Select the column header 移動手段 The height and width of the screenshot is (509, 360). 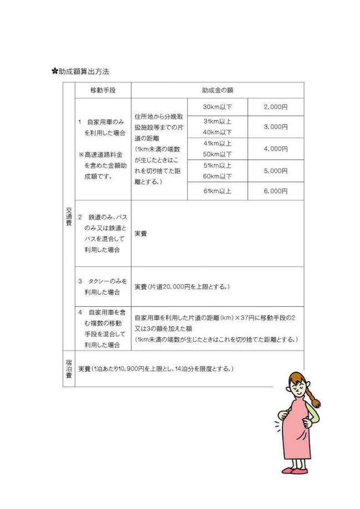[102, 90]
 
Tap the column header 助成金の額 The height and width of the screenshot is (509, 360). [217, 90]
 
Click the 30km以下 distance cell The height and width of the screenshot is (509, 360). [217, 106]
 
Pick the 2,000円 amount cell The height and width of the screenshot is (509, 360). [276, 106]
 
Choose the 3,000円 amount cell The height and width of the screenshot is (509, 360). [276, 127]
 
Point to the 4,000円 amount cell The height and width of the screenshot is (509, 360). [276, 148]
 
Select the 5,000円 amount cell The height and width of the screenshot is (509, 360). [276, 171]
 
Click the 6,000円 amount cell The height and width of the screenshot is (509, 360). [276, 191]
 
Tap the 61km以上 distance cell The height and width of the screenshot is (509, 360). [217, 191]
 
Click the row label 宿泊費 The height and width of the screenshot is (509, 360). [69, 368]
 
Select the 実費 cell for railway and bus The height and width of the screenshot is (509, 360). [141, 234]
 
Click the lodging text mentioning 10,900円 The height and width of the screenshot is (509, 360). [155, 368]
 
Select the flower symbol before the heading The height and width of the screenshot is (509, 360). [55, 71]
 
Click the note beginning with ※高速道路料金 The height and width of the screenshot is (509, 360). [103, 166]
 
